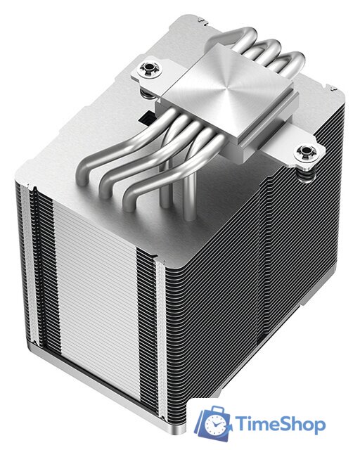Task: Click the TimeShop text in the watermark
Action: (x=279, y=425)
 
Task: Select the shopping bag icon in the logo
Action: (x=213, y=424)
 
